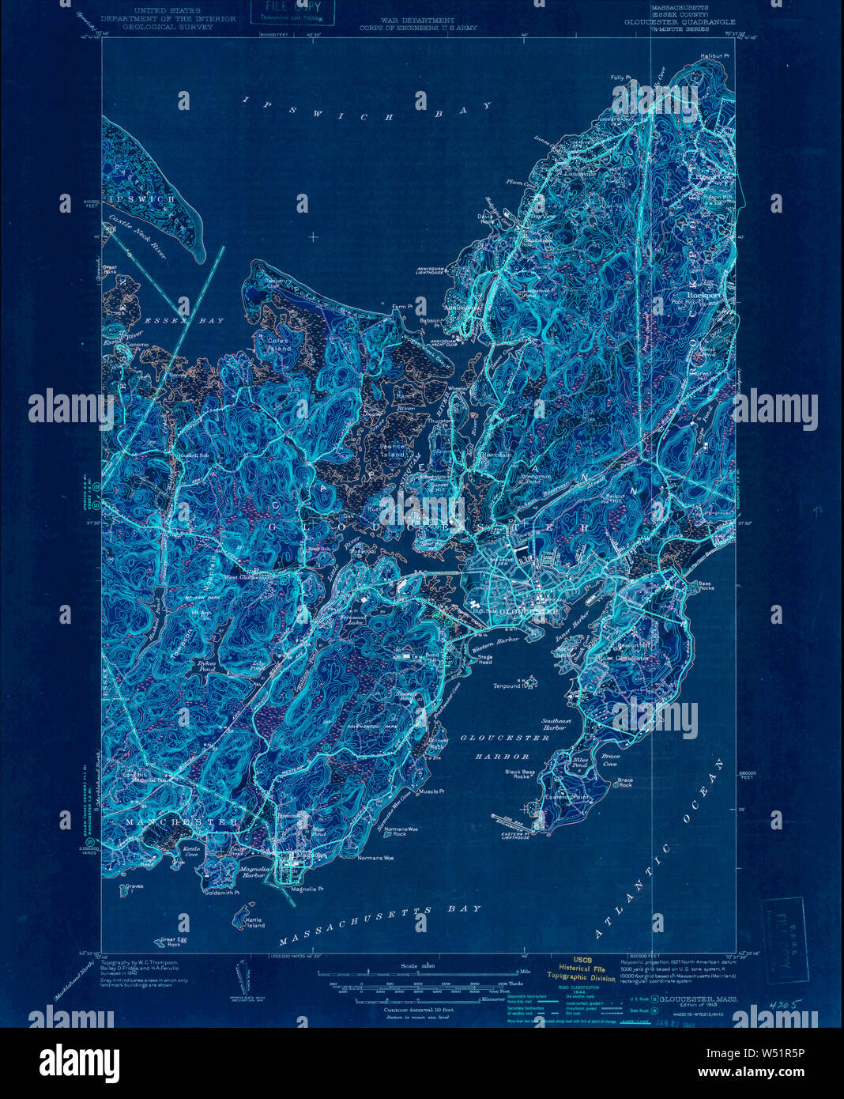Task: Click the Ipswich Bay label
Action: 356,108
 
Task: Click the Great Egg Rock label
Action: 171,942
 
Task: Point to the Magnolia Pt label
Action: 307,889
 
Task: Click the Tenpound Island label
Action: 511,685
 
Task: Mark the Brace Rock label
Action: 624,783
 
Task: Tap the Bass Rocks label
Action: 706,586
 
